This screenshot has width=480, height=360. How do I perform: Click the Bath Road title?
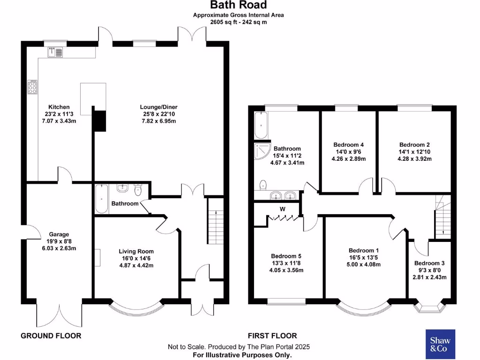239,5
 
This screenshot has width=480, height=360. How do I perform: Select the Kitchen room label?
59,107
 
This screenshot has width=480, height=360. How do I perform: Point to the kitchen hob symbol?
33,88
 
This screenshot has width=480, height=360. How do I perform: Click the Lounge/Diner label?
158,107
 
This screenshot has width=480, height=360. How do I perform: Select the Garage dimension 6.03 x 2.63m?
59,248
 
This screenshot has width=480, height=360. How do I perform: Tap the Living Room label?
136,251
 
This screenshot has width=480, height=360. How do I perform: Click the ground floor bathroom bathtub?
101,199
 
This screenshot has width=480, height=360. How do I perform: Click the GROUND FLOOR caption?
51,336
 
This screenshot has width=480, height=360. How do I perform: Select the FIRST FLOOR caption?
272,336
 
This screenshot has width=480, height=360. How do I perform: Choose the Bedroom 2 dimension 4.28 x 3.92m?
414,159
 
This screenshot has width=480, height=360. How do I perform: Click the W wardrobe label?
283,209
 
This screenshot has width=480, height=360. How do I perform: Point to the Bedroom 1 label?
361,250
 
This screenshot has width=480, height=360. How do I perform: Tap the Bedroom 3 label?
429,263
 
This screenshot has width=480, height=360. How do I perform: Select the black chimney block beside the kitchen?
99,120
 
